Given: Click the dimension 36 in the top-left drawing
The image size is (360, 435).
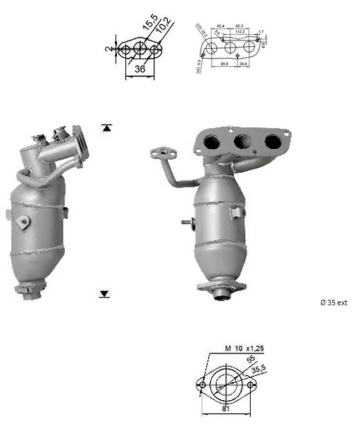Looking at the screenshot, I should point(140,70).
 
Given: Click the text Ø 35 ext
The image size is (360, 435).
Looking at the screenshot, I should point(333,303).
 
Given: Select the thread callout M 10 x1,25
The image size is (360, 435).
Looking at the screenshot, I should point(244,348).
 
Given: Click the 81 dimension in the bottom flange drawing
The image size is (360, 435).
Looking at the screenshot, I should point(225,409).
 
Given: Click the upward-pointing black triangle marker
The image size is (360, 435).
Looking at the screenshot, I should point(106,128).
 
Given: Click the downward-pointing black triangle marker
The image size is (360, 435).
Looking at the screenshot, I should point(104,294).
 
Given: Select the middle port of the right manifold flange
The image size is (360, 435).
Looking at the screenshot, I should point(242,142).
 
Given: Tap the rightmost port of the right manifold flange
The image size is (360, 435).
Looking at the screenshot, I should point(273,141).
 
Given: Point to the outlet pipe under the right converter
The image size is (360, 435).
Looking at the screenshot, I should point(222,296).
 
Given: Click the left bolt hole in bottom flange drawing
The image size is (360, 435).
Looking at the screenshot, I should point(203,384).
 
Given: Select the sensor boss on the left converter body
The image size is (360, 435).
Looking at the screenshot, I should point(24,222).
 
